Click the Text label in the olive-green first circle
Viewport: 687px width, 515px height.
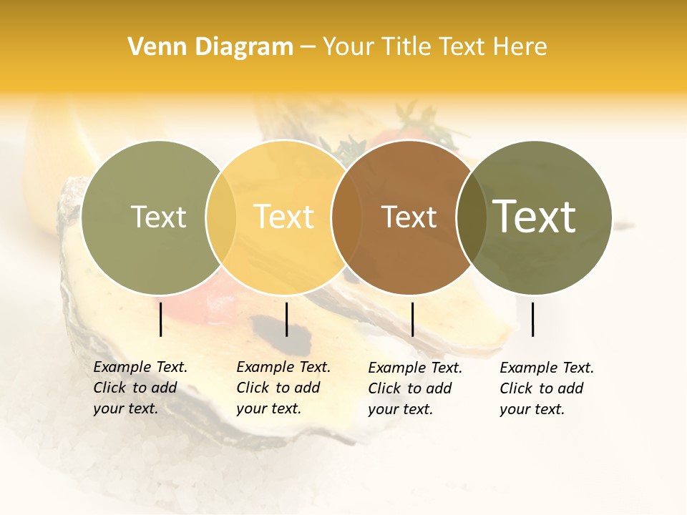click(158, 217)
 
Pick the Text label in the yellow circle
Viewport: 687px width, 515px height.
click(284, 217)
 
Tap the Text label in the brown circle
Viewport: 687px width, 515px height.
click(409, 217)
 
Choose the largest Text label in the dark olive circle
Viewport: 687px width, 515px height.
click(535, 217)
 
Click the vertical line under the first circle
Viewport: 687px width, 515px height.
click(160, 319)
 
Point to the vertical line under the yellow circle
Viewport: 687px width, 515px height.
click(286, 319)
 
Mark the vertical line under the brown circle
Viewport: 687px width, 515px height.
click(412, 319)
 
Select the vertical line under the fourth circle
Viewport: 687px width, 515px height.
click(532, 319)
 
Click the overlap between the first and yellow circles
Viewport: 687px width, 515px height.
click(221, 217)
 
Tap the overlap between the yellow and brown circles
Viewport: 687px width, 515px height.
click(345, 217)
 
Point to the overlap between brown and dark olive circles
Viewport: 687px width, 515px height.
click(471, 217)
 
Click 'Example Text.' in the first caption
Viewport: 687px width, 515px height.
click(140, 368)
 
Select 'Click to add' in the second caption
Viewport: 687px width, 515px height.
click(278, 388)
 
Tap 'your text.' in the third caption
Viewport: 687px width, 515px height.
click(400, 409)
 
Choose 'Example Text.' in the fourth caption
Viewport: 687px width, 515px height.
click(547, 368)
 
